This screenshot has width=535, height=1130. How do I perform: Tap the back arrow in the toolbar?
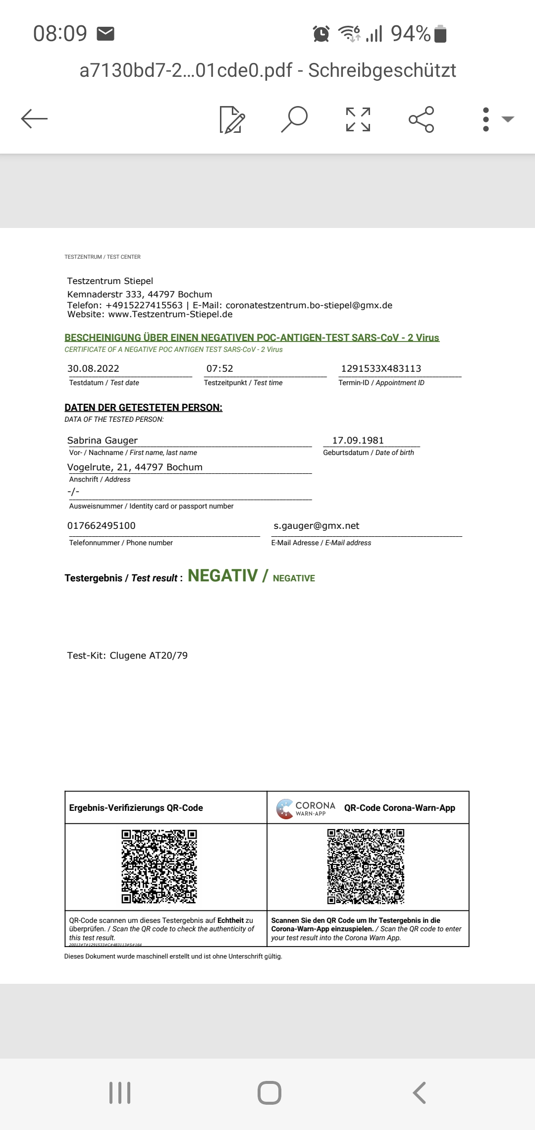(x=34, y=119)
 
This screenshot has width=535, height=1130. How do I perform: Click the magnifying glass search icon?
(x=294, y=119)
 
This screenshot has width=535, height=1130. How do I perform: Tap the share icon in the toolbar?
(x=421, y=119)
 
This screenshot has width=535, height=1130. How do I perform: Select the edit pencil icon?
(x=232, y=119)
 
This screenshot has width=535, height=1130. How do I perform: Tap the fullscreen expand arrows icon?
(x=358, y=119)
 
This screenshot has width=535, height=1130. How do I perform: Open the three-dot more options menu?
(x=486, y=119)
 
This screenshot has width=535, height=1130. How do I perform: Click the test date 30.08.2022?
(x=93, y=368)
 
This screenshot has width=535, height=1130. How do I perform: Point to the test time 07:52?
(x=219, y=368)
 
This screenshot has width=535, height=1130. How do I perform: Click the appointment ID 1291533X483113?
(x=381, y=368)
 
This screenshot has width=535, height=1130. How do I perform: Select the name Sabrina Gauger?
(x=103, y=440)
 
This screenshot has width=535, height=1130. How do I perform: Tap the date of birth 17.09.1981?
(x=358, y=440)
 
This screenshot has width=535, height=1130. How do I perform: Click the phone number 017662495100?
(x=101, y=525)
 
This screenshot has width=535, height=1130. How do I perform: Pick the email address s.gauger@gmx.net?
(x=316, y=525)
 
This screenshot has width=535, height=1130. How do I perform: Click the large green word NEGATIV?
(x=222, y=575)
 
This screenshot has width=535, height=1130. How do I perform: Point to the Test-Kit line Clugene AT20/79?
(x=127, y=655)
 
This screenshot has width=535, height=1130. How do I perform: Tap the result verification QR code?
(x=159, y=866)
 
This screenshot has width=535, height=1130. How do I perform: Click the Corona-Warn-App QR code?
(x=366, y=866)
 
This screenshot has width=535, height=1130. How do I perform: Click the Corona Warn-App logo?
(x=306, y=808)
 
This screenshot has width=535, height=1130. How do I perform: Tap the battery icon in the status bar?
(x=440, y=34)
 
